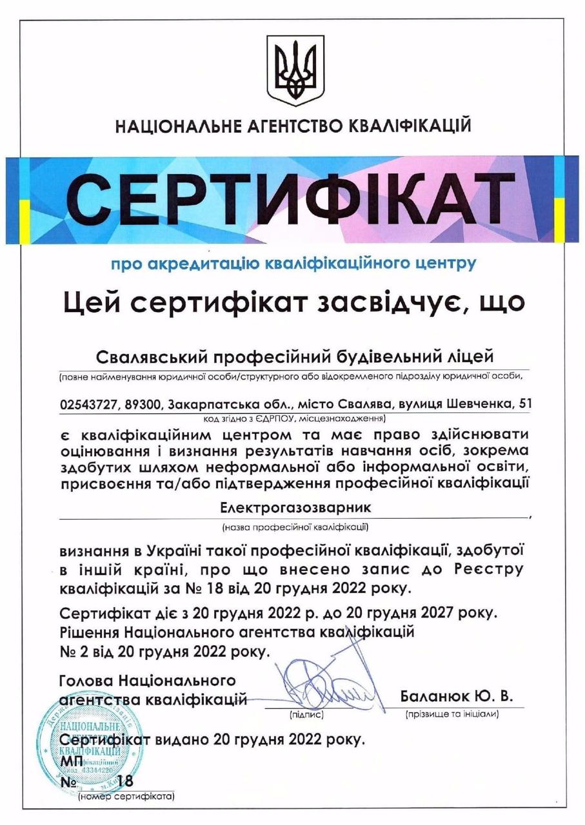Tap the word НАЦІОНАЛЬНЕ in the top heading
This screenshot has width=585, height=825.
[x=178, y=125]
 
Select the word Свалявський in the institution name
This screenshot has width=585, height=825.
[x=150, y=356]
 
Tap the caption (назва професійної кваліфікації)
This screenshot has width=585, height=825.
[x=294, y=527]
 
